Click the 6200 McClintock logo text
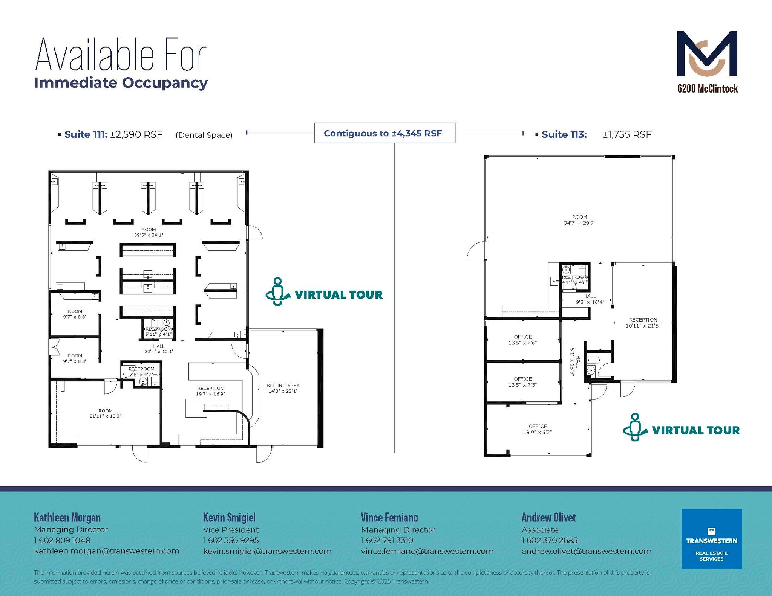707,89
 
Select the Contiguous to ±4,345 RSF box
384,133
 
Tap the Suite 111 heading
86,134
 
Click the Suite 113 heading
564,134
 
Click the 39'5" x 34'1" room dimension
149,235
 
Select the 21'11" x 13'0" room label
105,416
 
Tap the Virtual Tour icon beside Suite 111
278,292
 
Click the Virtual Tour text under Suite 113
695,430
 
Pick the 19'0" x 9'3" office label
538,432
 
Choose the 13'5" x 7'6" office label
522,343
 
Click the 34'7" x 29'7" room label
579,223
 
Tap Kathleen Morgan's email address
106,551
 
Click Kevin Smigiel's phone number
231,540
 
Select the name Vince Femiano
389,518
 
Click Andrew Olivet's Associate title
540,530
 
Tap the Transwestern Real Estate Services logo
711,539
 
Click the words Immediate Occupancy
121,83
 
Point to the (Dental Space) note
204,135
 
